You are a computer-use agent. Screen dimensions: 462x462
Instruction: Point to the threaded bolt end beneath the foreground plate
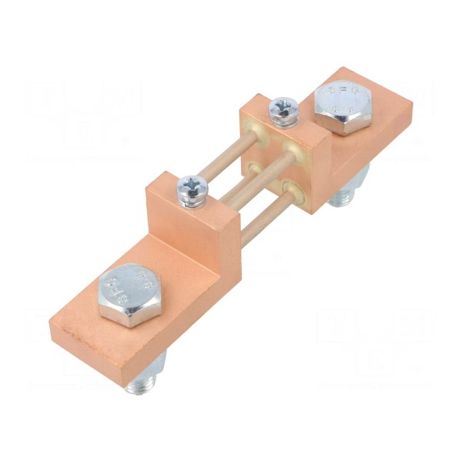point(142,383)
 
